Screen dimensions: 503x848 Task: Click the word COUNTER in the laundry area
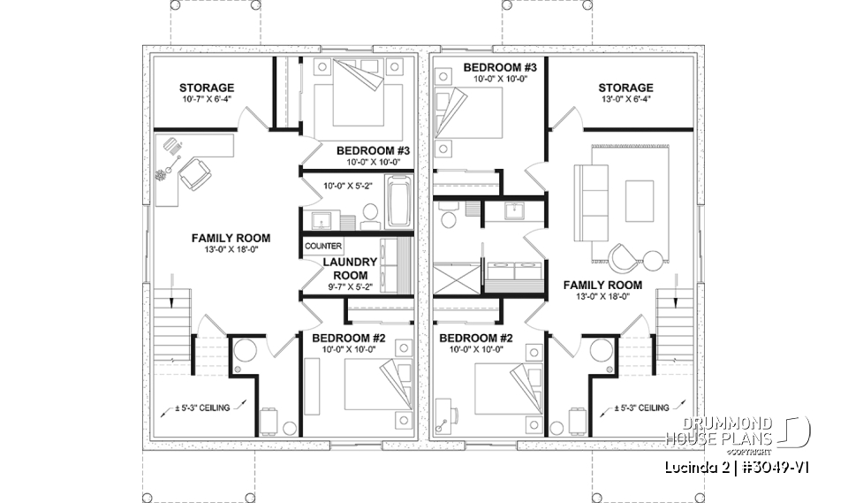point(323,246)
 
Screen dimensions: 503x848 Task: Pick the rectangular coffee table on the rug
point(639,201)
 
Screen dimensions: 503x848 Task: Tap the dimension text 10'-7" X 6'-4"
point(206,101)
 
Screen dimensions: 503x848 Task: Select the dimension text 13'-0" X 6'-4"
point(625,101)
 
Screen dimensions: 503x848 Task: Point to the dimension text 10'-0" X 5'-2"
point(346,187)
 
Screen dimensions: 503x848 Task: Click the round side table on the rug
point(652,259)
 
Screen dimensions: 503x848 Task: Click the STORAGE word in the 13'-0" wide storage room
point(625,88)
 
